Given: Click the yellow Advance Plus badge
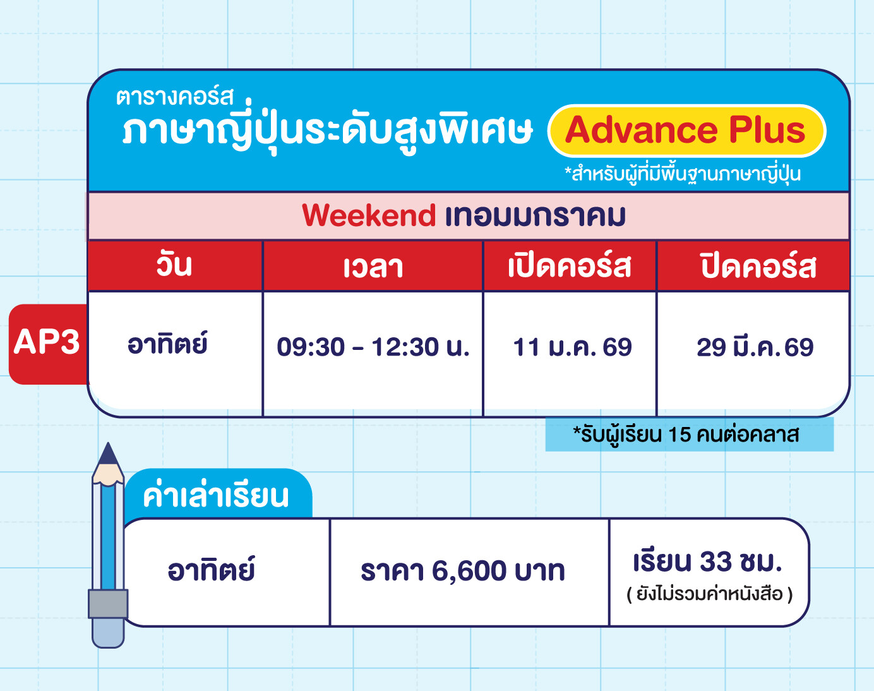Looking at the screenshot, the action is click(686, 131).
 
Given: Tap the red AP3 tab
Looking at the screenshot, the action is click(48, 344).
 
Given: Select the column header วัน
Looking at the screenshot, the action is click(174, 265).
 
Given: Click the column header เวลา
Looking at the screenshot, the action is click(373, 267).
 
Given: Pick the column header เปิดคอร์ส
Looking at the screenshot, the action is click(570, 265).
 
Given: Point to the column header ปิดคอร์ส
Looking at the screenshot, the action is click(758, 265).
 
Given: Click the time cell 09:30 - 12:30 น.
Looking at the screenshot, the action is click(373, 347).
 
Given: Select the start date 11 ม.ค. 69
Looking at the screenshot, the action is click(572, 347).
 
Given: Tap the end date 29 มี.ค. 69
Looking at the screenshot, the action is click(755, 346).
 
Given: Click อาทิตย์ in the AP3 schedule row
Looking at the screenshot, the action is click(167, 344).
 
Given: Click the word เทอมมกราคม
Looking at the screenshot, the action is click(536, 216).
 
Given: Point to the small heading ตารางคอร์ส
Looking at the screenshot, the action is click(175, 97).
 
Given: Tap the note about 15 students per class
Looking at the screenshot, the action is click(686, 435).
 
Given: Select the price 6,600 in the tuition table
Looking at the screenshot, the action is click(469, 571).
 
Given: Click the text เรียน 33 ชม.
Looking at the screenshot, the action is click(707, 562).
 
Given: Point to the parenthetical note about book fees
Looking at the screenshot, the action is click(710, 594).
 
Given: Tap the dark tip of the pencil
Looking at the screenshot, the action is click(108, 454).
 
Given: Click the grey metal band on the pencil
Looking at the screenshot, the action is click(108, 604).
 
